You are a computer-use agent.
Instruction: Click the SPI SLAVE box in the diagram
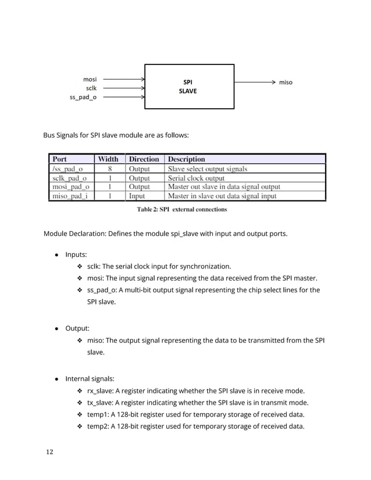tap(189, 87)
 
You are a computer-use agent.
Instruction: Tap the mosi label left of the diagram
tap(90, 78)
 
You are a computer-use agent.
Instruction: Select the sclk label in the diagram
tap(91, 88)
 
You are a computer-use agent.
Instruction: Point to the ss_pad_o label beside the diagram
tap(83, 97)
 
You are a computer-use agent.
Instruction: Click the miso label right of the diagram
tap(286, 83)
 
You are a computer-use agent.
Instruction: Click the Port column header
tap(60, 159)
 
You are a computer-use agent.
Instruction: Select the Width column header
tap(108, 159)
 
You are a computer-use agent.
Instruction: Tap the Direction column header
tap(144, 159)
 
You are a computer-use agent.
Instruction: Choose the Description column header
tap(187, 159)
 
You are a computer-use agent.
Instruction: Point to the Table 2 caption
tap(182, 209)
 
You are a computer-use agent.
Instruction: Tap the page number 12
tap(48, 453)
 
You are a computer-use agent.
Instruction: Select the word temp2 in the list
tap(99, 427)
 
